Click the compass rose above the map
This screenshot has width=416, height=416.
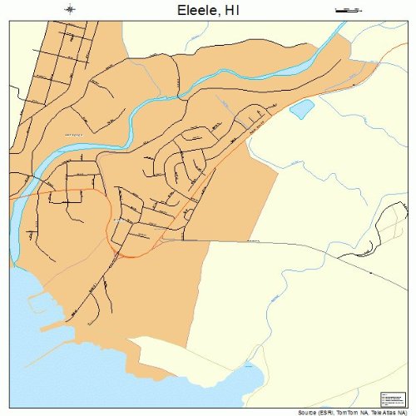point(70,9)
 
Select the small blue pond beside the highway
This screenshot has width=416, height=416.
point(300,108)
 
